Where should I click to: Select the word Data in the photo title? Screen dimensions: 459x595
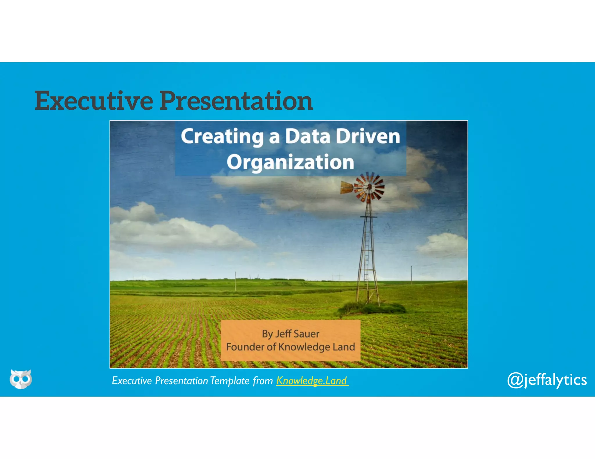307,136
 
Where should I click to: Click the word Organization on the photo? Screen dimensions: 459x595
290,162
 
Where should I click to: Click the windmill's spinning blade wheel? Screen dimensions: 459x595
370,187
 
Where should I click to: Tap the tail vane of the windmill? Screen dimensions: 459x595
346,187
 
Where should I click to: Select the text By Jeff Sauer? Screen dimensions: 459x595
290,334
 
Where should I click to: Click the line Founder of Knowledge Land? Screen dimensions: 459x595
290,347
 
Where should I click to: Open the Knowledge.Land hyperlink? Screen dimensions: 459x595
312,380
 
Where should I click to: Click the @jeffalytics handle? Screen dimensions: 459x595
547,380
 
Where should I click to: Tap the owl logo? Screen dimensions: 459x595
21,379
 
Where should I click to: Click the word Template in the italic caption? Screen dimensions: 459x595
230,381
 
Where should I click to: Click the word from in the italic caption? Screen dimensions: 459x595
263,381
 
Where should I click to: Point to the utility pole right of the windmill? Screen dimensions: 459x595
411,275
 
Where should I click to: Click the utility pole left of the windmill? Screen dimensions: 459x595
236,281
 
